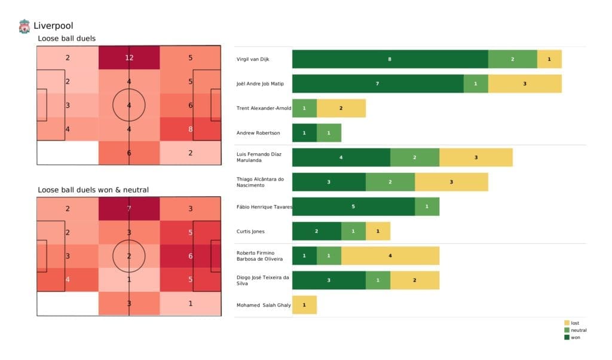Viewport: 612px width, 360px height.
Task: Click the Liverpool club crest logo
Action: click(24, 26)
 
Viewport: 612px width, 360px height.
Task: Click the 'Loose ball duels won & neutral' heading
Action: click(93, 190)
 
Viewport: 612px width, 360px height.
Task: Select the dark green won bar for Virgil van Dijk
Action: click(390, 59)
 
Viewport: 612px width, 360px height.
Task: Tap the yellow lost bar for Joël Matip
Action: click(524, 84)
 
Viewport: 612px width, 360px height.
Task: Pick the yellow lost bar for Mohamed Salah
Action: click(304, 305)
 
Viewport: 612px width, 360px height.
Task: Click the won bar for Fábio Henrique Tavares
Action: click(353, 206)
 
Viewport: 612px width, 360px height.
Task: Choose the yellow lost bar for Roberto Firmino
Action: click(390, 256)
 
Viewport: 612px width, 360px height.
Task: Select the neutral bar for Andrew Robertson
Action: click(329, 133)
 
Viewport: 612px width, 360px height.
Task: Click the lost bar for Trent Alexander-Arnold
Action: click(341, 108)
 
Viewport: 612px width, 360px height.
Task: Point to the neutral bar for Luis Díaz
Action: click(414, 157)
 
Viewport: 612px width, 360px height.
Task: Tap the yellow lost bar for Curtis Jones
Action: click(378, 231)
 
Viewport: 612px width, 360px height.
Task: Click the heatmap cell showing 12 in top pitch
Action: click(129, 57)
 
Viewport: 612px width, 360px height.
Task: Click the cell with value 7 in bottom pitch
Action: click(129, 209)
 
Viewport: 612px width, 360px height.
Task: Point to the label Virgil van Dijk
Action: click(257, 59)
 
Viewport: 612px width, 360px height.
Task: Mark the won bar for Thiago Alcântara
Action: click(329, 182)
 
